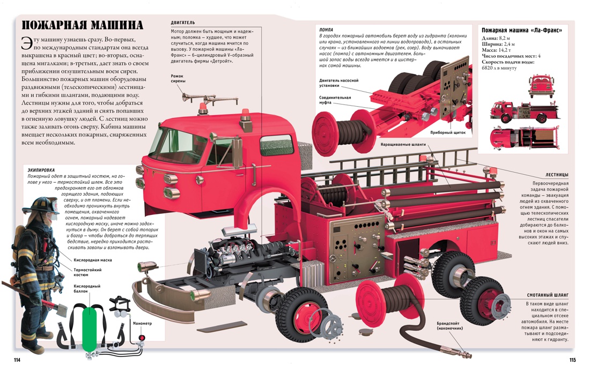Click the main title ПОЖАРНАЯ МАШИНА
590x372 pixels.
point(82,25)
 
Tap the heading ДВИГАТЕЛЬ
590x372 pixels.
point(183,23)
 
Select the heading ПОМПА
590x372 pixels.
point(326,29)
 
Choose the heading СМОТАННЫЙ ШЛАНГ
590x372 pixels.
point(548,295)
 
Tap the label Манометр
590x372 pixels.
point(142,324)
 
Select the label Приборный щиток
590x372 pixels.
point(448,132)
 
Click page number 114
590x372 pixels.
point(17,360)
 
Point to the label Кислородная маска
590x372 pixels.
point(93,260)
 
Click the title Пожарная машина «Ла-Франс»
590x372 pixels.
point(521,31)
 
